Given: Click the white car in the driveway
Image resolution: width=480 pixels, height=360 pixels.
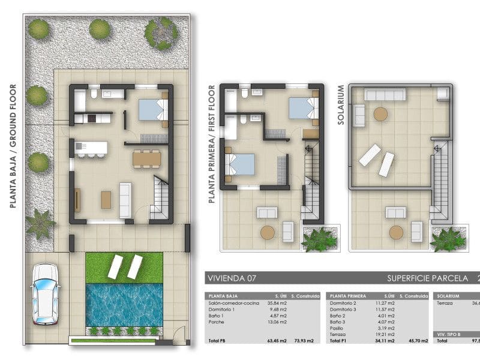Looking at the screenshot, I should [x=46, y=294].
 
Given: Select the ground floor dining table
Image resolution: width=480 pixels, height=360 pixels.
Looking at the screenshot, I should [x=147, y=158].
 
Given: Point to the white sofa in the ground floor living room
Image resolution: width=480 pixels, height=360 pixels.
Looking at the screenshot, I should [x=125, y=200].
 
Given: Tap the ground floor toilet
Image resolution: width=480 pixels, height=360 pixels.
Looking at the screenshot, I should [x=94, y=95].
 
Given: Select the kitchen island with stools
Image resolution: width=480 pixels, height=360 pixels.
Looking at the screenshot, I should [x=91, y=148].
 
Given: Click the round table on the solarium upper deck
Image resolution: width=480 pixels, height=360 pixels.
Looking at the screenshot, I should [x=381, y=113].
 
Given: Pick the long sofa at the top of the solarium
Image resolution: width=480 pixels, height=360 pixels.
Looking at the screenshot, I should [x=385, y=94].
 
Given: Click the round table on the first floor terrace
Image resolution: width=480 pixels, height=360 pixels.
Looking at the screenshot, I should [x=268, y=232].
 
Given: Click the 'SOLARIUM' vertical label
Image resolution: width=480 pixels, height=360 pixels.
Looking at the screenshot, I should [x=341, y=105].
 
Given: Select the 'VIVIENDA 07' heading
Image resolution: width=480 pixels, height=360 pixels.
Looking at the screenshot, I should [x=229, y=278].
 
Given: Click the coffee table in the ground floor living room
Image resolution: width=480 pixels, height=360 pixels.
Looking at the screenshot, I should [x=106, y=199].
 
